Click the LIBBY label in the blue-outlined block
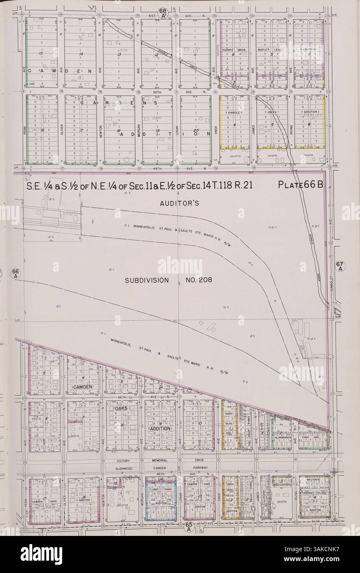tap(155, 489)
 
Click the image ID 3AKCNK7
tap(337, 567)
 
